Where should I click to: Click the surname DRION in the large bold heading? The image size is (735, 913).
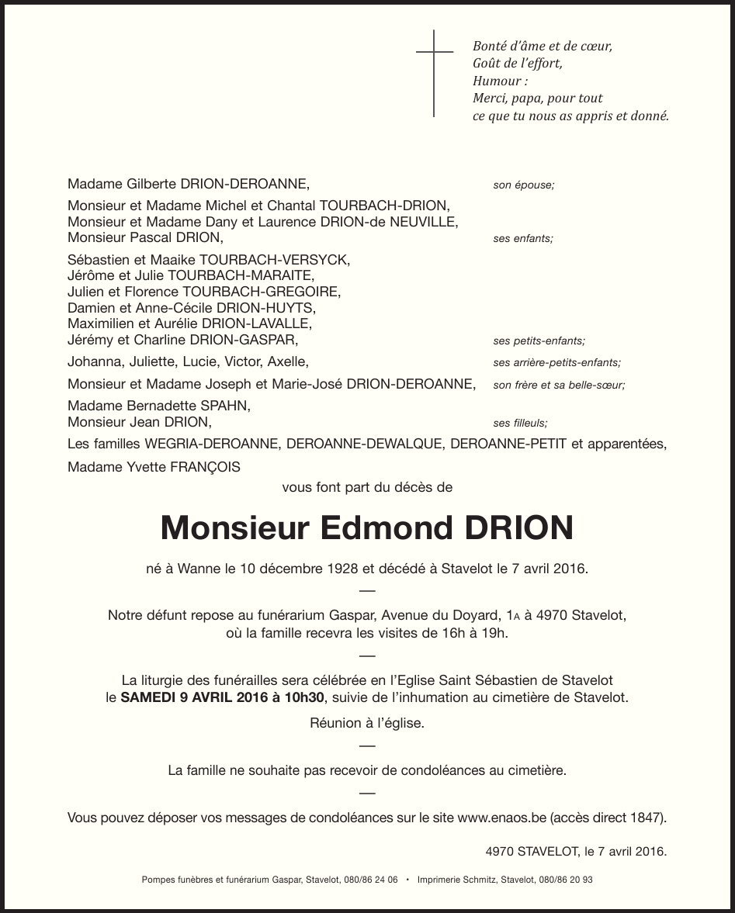pyautogui.click(x=518, y=528)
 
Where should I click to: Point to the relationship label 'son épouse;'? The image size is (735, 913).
pyautogui.click(x=524, y=185)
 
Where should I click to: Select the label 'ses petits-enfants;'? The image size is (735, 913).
pyautogui.click(x=539, y=341)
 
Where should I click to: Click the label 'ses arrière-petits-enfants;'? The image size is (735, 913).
pyautogui.click(x=556, y=362)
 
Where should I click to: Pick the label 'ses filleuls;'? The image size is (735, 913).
pyautogui.click(x=520, y=424)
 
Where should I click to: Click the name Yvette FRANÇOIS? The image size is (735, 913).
pyautogui.click(x=179, y=467)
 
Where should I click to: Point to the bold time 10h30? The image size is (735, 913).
pyautogui.click(x=304, y=697)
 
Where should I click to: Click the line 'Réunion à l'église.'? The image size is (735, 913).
pyautogui.click(x=367, y=723)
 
